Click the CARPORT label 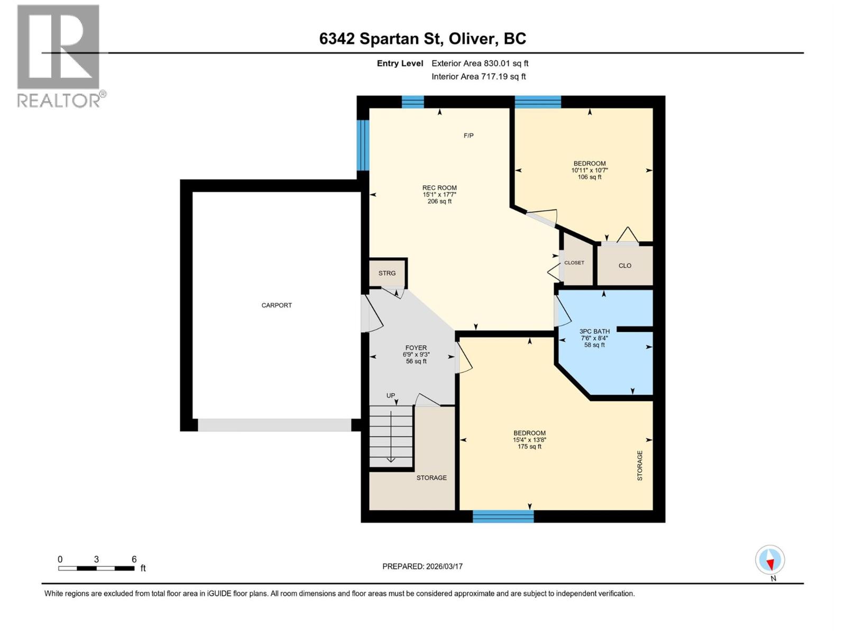click(x=277, y=305)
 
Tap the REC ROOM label click(x=439, y=188)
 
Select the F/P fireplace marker click(x=468, y=135)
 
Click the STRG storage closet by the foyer click(x=387, y=273)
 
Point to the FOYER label click(x=416, y=347)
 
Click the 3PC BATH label click(x=594, y=331)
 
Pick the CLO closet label click(x=625, y=266)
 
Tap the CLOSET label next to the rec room click(x=574, y=262)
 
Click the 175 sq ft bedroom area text click(x=529, y=447)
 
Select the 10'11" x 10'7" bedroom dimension click(x=590, y=170)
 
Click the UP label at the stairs click(x=390, y=396)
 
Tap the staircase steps click(x=391, y=437)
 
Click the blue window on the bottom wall click(x=503, y=516)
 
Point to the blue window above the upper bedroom click(x=538, y=102)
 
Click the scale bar click(x=96, y=568)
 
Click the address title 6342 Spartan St click(x=380, y=39)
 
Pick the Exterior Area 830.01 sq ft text click(x=480, y=63)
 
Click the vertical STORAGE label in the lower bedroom click(x=640, y=465)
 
